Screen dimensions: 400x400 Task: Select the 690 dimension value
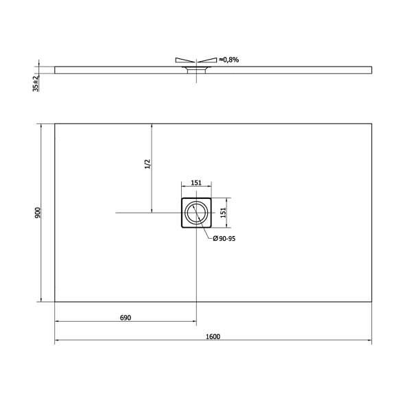coord(125,317)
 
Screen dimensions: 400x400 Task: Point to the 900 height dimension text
coord(38,213)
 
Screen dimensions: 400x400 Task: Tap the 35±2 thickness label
coord(35,82)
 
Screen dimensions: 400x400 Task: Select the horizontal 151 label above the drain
coord(196,183)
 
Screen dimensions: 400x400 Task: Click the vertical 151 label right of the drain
coord(223,213)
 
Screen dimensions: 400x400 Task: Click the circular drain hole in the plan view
coord(197,213)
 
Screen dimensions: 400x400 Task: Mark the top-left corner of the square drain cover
coord(182,198)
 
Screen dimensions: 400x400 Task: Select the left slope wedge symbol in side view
coord(185,60)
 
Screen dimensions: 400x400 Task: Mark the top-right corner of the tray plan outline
coord(372,123)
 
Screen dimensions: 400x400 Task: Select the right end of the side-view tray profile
coord(372,69)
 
